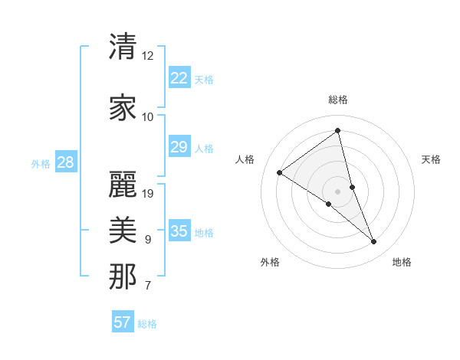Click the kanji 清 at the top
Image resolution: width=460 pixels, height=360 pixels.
coord(123,47)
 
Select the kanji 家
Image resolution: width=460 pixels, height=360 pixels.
coord(123,107)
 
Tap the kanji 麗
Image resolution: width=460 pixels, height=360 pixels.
coord(123,184)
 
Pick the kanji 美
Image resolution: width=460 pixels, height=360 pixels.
coord(123,229)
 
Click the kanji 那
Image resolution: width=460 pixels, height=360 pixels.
coord(123,276)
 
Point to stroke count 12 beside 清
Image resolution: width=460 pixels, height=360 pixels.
coord(148,56)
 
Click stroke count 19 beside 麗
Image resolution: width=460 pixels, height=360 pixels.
coord(148,193)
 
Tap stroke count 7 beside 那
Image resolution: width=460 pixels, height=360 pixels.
coord(148,286)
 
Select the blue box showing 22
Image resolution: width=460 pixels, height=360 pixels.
coord(179,77)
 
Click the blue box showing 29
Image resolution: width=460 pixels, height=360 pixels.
coord(179,147)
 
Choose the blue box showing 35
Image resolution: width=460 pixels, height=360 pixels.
coord(179,231)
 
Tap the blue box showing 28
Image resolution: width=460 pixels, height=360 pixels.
coord(65,162)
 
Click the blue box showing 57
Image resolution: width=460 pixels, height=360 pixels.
coord(123,322)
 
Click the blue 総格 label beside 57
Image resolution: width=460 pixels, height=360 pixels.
coord(147,324)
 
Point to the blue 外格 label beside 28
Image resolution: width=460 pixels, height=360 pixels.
coord(41,163)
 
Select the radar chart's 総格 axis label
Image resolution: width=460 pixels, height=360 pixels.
coord(338,100)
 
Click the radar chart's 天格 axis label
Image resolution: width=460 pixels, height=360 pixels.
coord(431,159)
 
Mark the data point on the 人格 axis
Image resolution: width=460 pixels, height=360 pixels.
coord(280,172)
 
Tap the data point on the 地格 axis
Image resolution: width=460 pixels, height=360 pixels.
coord(374,242)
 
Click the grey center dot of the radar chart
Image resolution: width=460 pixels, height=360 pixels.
coord(337,191)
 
